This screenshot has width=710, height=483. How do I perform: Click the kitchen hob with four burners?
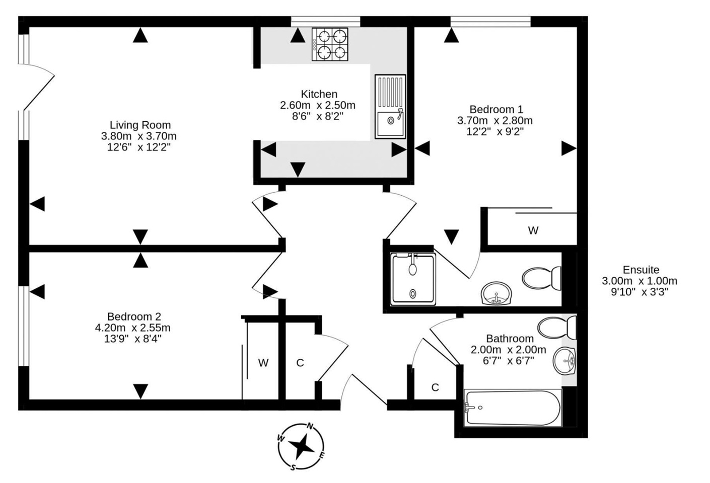[330, 44]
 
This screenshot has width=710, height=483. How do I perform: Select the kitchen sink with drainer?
[390, 106]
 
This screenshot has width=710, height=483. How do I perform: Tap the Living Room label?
[140, 125]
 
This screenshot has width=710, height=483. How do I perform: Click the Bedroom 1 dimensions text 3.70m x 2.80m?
[494, 120]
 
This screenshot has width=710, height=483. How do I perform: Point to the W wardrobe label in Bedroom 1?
[533, 230]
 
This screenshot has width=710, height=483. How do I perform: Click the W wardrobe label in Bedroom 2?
[263, 363]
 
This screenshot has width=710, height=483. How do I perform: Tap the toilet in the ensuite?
[543, 278]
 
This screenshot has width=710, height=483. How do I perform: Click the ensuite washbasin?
[496, 293]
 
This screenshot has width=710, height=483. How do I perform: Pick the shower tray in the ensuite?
[413, 279]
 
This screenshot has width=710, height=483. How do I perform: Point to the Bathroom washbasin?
[565, 361]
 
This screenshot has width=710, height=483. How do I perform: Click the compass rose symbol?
[301, 446]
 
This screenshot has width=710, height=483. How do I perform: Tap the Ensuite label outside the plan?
[641, 270]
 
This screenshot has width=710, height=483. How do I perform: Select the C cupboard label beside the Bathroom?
[435, 387]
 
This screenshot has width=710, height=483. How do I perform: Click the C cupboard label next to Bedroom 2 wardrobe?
[300, 363]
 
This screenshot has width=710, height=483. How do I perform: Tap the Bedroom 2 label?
[134, 316]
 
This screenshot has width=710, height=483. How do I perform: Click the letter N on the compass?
[311, 427]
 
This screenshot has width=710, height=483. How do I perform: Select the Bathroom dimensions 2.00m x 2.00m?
[508, 350]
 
